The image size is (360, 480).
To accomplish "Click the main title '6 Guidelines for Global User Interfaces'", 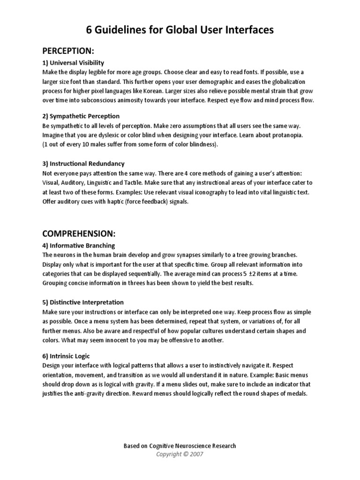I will click(180, 30).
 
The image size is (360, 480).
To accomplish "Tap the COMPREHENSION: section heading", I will click(79, 233).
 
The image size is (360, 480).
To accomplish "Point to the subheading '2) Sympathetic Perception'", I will click(81, 116).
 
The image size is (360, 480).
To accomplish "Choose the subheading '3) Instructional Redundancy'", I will click(83, 164).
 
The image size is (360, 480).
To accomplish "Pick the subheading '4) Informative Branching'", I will click(79, 245).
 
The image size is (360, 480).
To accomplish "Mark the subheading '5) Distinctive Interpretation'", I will click(83, 302).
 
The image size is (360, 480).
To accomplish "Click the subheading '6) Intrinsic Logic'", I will click(66, 356).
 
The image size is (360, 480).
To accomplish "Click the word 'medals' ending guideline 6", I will click(296, 394).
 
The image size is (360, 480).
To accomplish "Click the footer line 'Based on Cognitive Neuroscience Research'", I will click(180, 446).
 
